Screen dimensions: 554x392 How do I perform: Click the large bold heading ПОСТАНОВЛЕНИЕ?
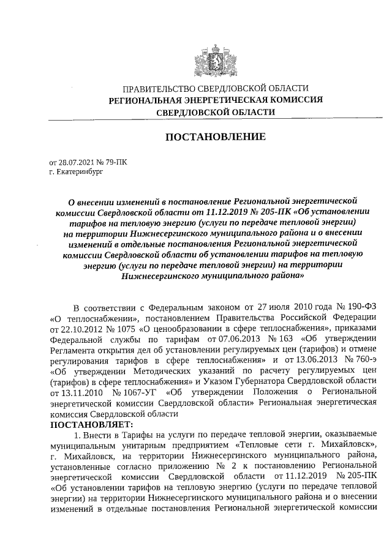[x=216, y=137]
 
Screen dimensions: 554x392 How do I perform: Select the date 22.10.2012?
[x=69, y=328]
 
